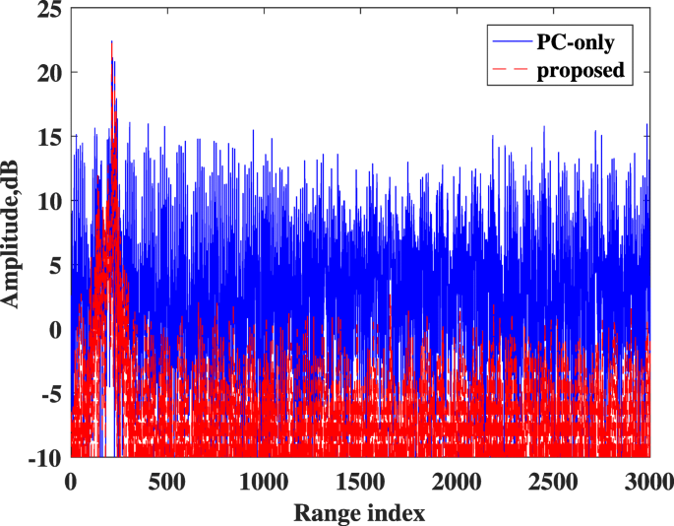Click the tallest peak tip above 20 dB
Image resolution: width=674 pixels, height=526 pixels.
112,41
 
